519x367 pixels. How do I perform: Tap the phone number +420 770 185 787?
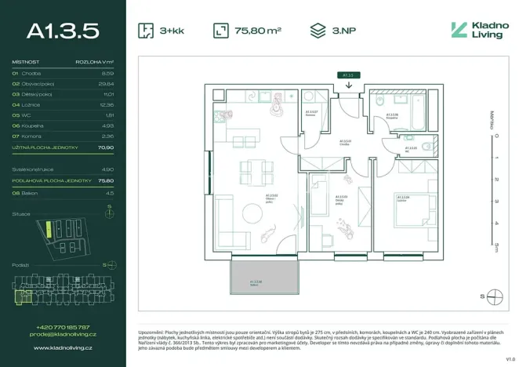[63, 326]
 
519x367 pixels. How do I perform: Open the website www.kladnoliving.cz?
[63, 346]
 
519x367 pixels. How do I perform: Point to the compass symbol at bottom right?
[495, 296]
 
